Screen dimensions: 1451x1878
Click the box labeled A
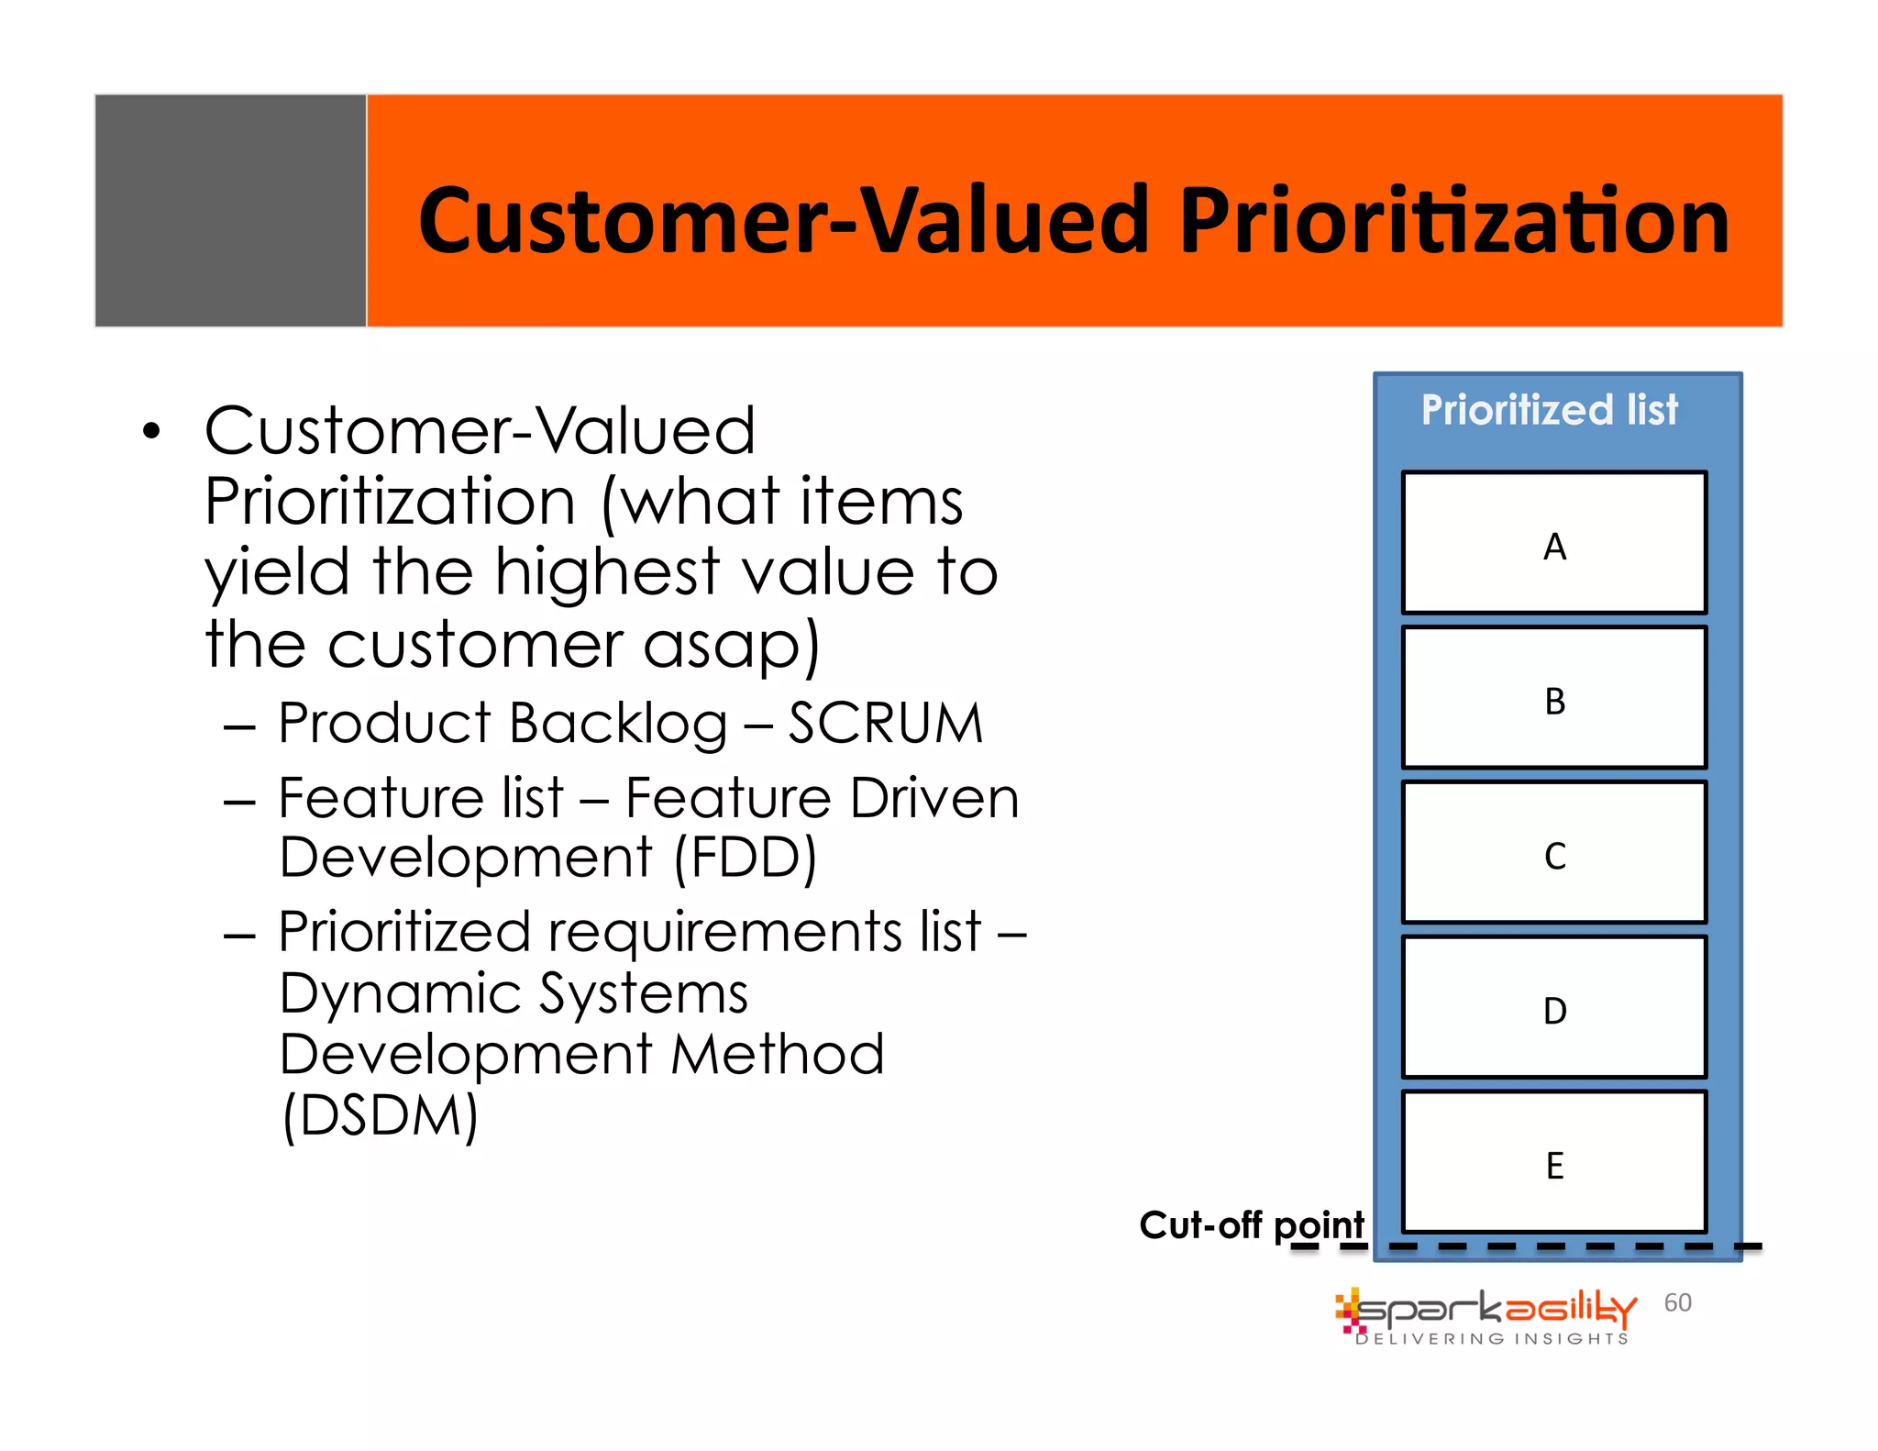[1553, 543]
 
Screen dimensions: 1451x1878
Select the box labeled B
[1553, 698]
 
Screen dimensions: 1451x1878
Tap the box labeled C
[1553, 853]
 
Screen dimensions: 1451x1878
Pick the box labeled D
[1553, 1008]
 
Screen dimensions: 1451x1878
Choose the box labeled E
[1553, 1163]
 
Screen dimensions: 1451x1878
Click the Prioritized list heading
[1549, 409]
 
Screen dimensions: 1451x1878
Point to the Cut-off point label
[1251, 1225]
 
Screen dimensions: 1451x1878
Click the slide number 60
[1677, 1302]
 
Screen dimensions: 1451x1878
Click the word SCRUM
[886, 723]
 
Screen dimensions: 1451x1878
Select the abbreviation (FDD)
[745, 858]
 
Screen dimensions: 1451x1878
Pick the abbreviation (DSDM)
[380, 1115]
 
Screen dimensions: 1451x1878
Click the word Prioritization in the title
[1454, 220]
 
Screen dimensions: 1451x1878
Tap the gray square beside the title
[230, 210]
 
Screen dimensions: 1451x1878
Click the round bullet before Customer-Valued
[151, 431]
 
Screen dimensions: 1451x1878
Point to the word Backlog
[618, 725]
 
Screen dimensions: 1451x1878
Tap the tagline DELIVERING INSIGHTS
[1492, 1339]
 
